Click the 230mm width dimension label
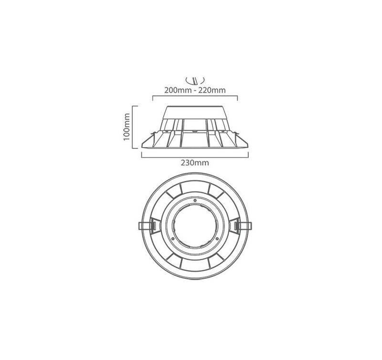pos(194,162)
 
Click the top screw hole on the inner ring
pos(194,199)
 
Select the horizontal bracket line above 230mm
pos(194,155)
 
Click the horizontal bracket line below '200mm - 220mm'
pos(194,96)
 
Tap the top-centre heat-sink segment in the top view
pos(194,190)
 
